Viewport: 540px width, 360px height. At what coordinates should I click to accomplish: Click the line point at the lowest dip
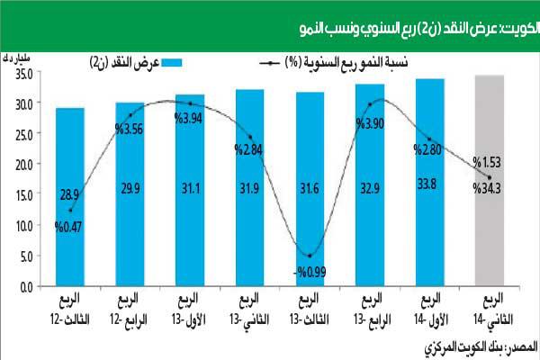point(310,256)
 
